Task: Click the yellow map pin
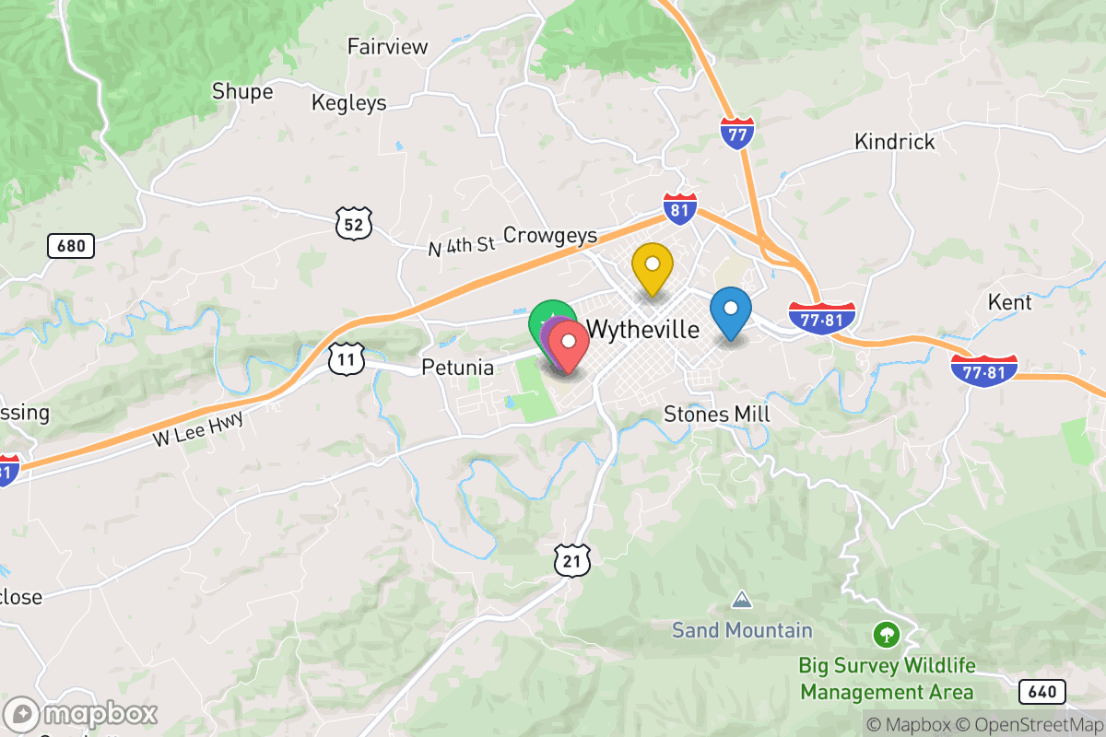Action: pyautogui.click(x=652, y=265)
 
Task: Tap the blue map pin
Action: pyautogui.click(x=731, y=310)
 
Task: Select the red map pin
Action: pyautogui.click(x=569, y=343)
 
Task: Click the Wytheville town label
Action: pyautogui.click(x=642, y=329)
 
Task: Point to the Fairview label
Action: pyautogui.click(x=388, y=46)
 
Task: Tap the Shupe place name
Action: pyautogui.click(x=242, y=91)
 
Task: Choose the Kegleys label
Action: pyautogui.click(x=349, y=102)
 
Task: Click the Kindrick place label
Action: pyautogui.click(x=894, y=142)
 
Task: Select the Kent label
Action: pyautogui.click(x=1009, y=302)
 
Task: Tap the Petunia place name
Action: pyautogui.click(x=457, y=368)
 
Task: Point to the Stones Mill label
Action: pyautogui.click(x=716, y=415)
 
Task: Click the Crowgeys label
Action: pyautogui.click(x=550, y=236)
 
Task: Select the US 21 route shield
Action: pyautogui.click(x=571, y=558)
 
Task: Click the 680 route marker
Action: pyautogui.click(x=70, y=246)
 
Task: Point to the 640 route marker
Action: pyautogui.click(x=1042, y=691)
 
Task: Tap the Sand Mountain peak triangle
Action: pyautogui.click(x=741, y=601)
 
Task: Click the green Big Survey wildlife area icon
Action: pyautogui.click(x=886, y=634)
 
